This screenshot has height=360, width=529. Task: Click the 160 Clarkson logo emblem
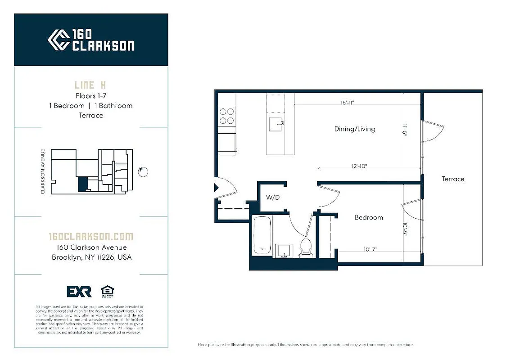point(59,40)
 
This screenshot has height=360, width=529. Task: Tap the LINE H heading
point(90,85)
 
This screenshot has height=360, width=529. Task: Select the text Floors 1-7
point(90,95)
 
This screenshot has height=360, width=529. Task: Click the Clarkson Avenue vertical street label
point(43,172)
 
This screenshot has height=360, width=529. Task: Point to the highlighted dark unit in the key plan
point(82,184)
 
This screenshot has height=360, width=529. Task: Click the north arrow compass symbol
point(143,171)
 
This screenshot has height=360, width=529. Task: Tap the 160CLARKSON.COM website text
point(90,237)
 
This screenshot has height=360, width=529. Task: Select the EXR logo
point(79,292)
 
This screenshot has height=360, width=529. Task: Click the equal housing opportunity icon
point(107,291)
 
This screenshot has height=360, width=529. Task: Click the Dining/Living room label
point(354,129)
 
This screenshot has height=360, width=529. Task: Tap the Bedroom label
point(369,217)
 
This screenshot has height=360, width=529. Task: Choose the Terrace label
point(452,179)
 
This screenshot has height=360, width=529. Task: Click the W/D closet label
point(273,198)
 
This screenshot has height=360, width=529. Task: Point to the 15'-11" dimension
point(347,103)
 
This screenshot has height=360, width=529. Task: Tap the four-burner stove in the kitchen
point(227,116)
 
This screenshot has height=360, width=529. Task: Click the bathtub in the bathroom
point(262,235)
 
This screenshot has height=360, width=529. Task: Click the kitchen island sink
point(276,122)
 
